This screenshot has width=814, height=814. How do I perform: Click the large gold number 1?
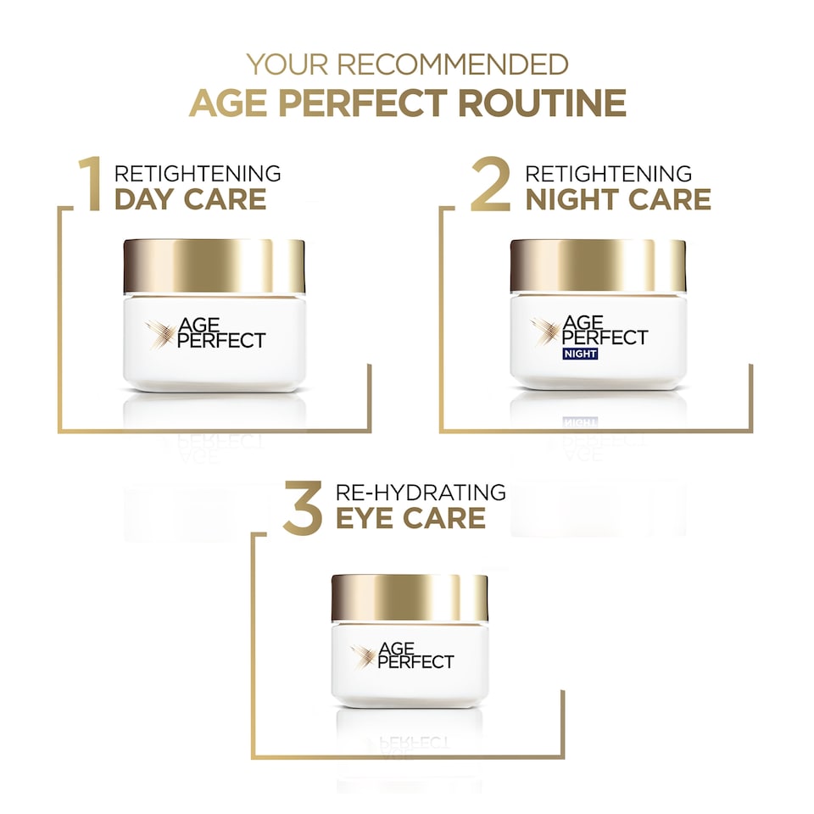pos(91,183)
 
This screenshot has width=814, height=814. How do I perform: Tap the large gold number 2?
pos(490,183)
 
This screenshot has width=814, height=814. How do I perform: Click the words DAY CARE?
pos(190,199)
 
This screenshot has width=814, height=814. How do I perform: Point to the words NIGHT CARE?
pos(618,199)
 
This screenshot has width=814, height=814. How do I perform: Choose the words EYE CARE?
pos(410,517)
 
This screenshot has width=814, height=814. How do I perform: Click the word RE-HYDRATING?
pos(421,492)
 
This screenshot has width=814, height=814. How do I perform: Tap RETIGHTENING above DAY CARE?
pos(198,174)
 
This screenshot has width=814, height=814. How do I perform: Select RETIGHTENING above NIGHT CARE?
pos(609,174)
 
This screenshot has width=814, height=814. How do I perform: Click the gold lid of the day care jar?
pos(214,266)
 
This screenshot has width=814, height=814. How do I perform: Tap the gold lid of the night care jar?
pos(598,266)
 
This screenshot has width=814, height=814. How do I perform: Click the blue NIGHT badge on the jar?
pos(579,354)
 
